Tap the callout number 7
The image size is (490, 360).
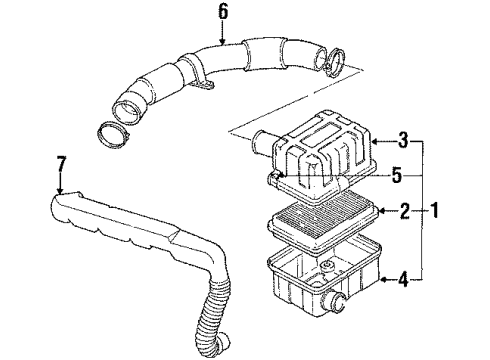tap(61, 162)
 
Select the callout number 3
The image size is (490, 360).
tap(402, 138)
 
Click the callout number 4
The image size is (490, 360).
tap(402, 279)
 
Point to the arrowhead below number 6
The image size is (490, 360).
tap(223, 41)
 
